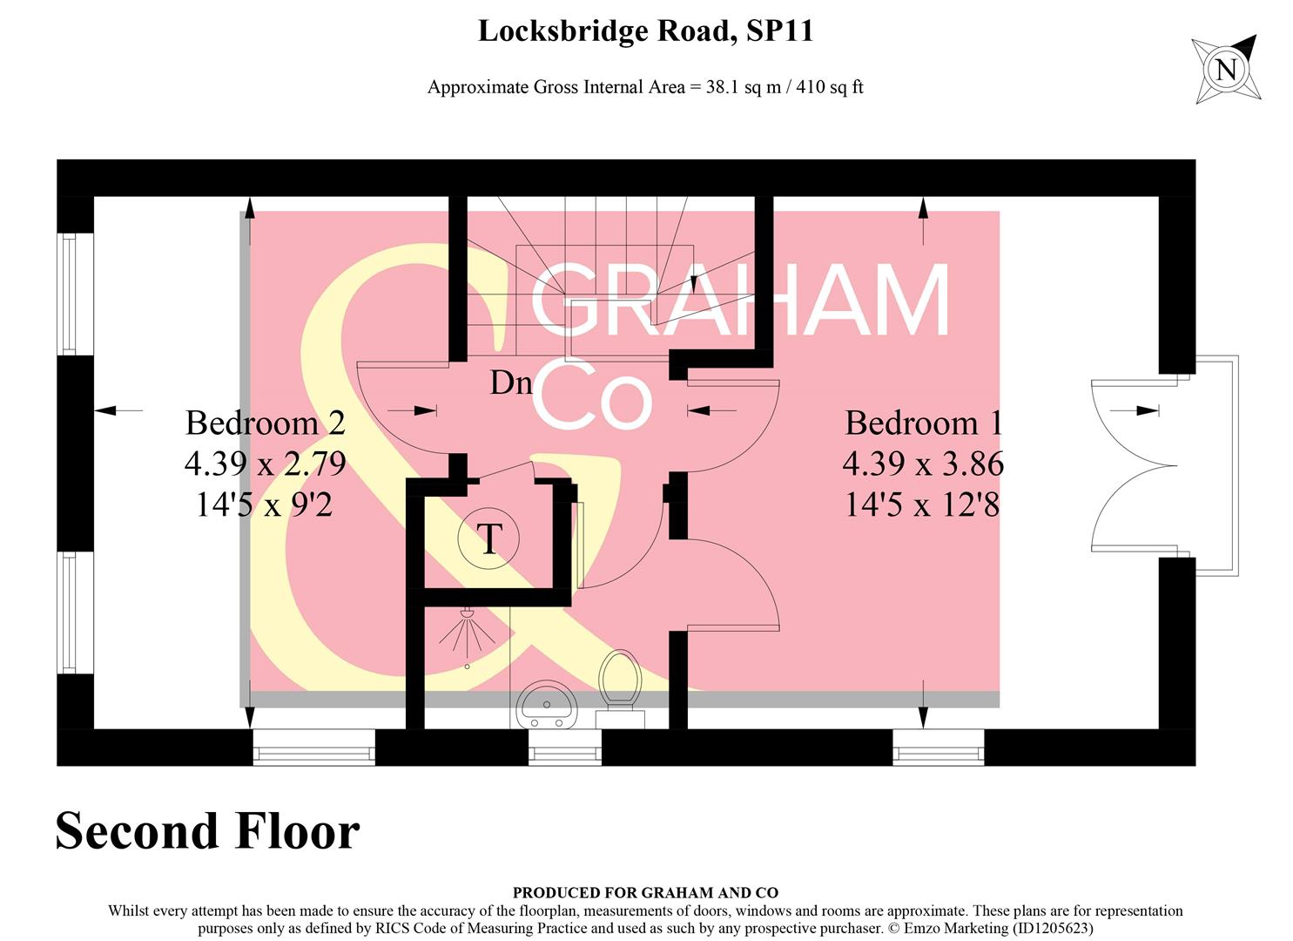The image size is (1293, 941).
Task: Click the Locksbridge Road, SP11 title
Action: tap(645, 32)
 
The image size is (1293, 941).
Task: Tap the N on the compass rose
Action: tap(1226, 69)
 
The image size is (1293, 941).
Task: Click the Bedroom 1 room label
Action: tap(923, 423)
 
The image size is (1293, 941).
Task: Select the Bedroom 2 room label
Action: tap(266, 423)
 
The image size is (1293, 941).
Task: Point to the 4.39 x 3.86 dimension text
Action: tap(923, 464)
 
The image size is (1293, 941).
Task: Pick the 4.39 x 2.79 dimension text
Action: tap(266, 464)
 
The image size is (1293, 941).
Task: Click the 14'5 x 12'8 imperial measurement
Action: tap(923, 504)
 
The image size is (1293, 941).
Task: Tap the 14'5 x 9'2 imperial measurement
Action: tap(266, 504)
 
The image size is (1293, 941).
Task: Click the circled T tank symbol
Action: tap(489, 539)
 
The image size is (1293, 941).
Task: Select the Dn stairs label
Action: tap(511, 382)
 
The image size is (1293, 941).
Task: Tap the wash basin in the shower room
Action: tap(546, 704)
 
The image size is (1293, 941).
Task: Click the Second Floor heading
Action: tap(207, 831)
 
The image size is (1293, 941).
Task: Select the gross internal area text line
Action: tap(645, 87)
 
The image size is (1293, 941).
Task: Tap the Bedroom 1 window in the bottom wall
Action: tap(938, 748)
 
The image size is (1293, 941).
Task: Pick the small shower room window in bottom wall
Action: tap(564, 748)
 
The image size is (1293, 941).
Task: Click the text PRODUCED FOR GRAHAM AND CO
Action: tap(645, 892)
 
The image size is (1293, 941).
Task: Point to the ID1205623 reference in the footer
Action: tap(1053, 929)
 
